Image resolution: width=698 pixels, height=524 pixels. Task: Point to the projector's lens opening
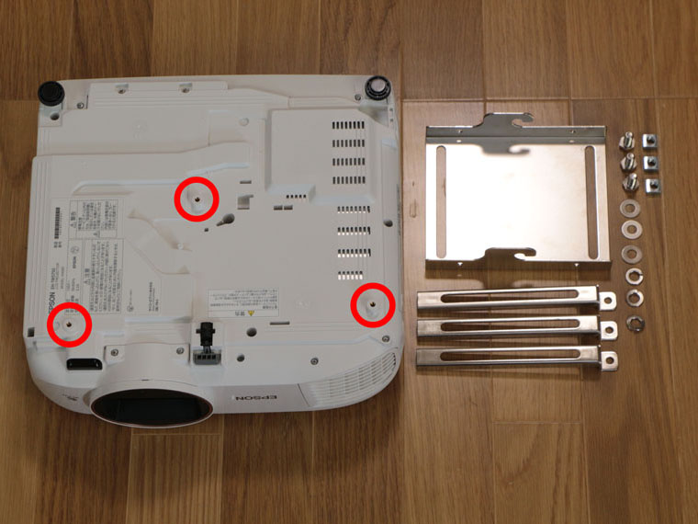(x=147, y=405)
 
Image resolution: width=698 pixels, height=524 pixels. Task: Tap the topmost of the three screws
(x=628, y=140)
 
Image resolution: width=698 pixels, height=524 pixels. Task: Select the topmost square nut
(x=648, y=139)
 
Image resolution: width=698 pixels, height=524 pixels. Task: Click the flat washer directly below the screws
(x=632, y=205)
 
